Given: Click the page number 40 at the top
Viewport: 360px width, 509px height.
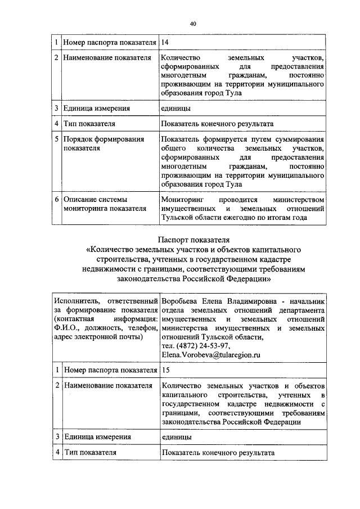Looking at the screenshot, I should (x=193, y=24).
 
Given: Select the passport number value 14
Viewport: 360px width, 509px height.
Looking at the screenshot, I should (x=165, y=42).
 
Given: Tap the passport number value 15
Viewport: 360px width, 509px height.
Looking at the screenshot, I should (x=165, y=370).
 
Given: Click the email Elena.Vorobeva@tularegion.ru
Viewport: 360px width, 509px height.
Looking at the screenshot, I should (x=211, y=355).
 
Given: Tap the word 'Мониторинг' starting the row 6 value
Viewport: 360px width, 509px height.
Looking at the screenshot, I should (x=178, y=200).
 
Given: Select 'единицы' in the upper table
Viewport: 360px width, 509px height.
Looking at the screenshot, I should (x=175, y=109).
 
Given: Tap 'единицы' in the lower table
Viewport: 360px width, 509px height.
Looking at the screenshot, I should (x=175, y=436).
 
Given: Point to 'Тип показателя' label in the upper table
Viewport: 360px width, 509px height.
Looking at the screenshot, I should (x=90, y=124).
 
